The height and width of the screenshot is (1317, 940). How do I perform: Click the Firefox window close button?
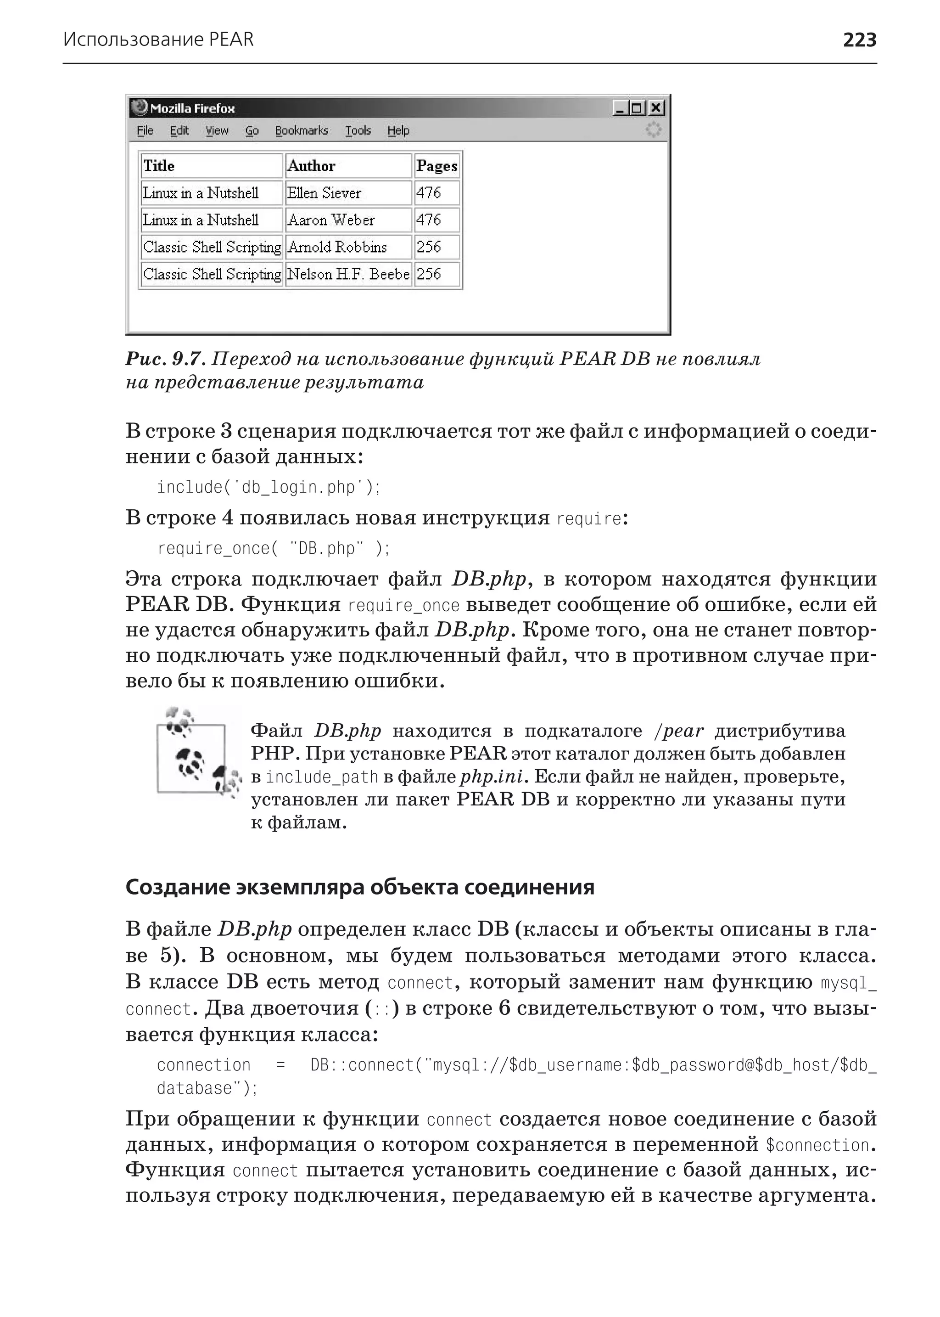point(656,108)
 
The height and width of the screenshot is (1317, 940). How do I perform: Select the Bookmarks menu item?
point(302,131)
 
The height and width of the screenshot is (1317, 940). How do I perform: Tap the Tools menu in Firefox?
point(358,131)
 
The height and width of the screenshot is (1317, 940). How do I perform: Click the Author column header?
point(311,166)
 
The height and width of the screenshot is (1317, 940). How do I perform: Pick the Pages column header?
point(436,166)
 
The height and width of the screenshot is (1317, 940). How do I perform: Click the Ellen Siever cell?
point(324,193)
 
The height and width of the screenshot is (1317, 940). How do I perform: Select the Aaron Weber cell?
point(331,220)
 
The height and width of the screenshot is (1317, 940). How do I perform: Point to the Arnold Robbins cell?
point(337,248)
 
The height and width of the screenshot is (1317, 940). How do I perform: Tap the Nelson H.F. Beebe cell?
point(348,274)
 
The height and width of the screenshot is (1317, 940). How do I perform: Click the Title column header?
point(159,166)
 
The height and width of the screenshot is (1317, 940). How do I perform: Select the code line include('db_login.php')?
point(269,488)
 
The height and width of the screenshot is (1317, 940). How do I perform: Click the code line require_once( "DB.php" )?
point(273,548)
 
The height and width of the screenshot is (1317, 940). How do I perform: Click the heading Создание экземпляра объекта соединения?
point(359,887)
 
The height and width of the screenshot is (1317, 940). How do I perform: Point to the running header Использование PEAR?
point(158,40)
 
